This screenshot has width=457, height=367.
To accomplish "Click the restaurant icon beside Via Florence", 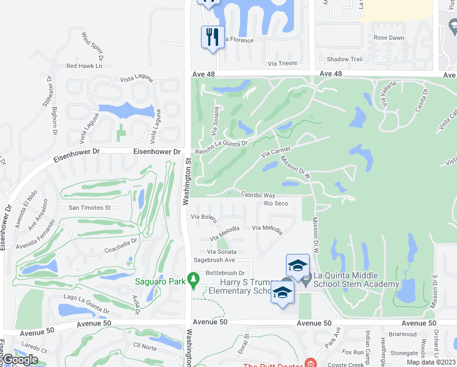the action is [213, 38].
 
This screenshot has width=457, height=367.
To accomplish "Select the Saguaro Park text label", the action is [160, 282].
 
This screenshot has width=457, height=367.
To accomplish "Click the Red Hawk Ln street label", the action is [84, 65].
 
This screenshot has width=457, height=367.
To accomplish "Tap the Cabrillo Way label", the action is [258, 195].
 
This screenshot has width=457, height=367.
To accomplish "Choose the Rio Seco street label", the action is [276, 204].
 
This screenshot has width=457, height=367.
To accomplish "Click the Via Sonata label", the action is [221, 251].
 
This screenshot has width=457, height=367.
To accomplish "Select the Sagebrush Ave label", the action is [214, 260].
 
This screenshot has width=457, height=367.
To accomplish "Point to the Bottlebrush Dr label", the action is [225, 273].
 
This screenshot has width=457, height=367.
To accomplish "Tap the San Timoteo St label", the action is [89, 207].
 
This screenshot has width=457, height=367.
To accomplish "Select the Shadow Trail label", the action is [345, 59].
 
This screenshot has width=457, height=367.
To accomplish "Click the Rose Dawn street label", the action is [389, 38].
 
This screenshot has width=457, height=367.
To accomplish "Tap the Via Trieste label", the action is [283, 63].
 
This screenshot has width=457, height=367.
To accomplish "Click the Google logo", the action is [20, 360].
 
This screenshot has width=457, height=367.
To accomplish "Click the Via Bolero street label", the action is [204, 217].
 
